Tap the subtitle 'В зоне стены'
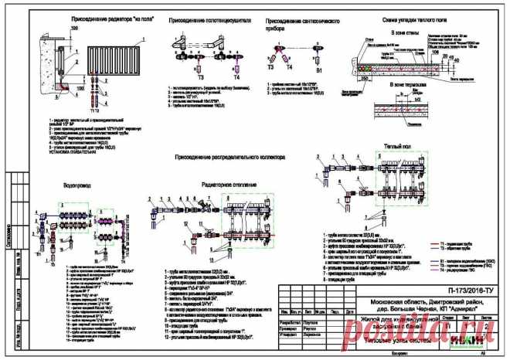[406, 33]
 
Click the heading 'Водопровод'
[76, 186]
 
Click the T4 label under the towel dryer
[236, 78]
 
